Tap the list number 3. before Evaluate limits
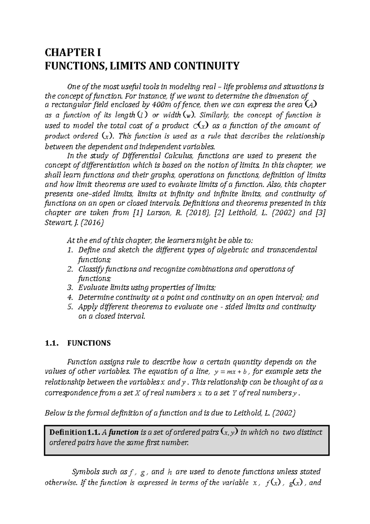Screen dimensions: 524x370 click(x=70, y=288)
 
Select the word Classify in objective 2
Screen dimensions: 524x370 click(x=91, y=269)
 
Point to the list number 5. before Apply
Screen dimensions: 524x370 click(x=70, y=307)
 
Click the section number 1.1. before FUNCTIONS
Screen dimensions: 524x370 click(x=51, y=343)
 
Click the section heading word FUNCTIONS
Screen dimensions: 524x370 click(x=88, y=343)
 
